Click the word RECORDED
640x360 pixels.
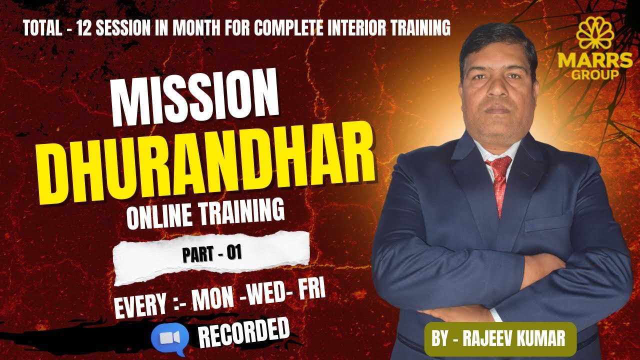click(x=245, y=334)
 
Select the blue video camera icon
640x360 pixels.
click(x=170, y=338)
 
